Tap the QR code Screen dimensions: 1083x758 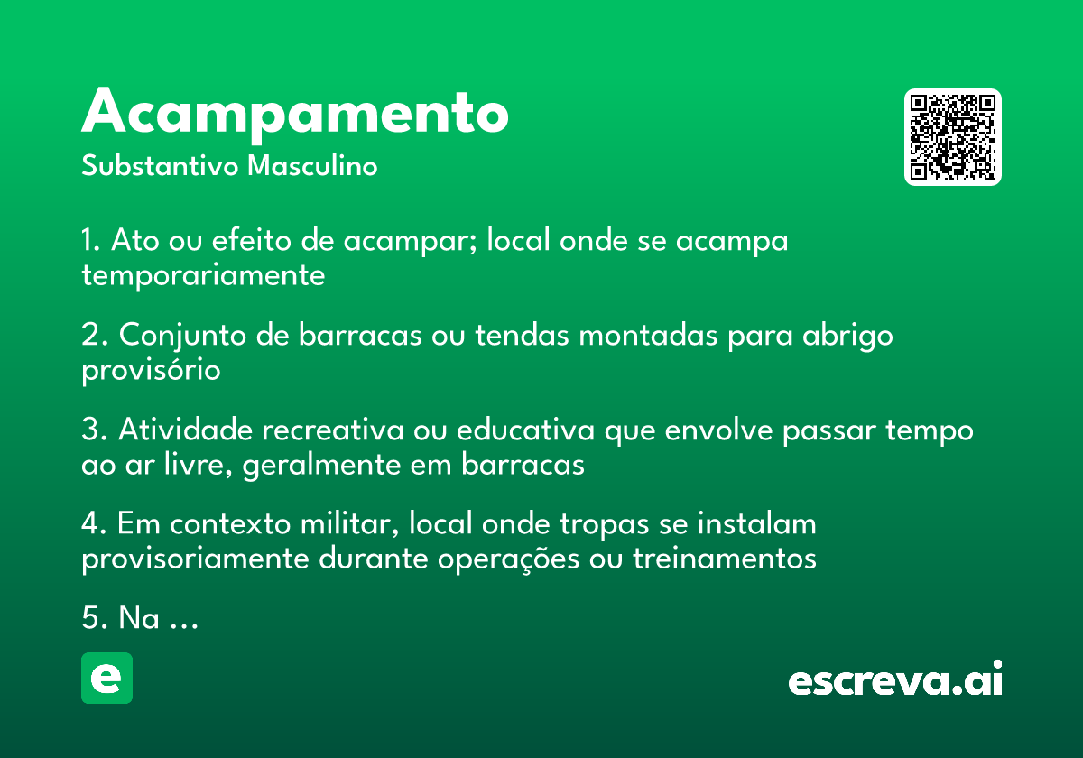pyautogui.click(x=952, y=137)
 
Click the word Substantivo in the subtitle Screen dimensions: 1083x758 pyautogui.click(x=160, y=166)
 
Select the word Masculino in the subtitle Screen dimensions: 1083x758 pyautogui.click(x=312, y=166)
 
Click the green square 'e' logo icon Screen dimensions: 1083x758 pyautogui.click(x=106, y=678)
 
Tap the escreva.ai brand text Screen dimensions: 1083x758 pyautogui.click(x=895, y=679)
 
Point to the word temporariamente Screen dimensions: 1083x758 pyautogui.click(x=203, y=275)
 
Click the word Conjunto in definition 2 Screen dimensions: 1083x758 pyautogui.click(x=182, y=336)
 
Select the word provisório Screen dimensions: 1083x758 pyautogui.click(x=151, y=370)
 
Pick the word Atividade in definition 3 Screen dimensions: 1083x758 pyautogui.click(x=185, y=430)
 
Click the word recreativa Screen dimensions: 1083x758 pyautogui.click(x=333, y=430)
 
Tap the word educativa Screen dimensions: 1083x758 pyautogui.click(x=525, y=430)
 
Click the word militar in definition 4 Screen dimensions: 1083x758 pyautogui.click(x=349, y=524)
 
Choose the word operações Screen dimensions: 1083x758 pyautogui.click(x=508, y=560)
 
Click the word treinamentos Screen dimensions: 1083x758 pyautogui.click(x=724, y=559)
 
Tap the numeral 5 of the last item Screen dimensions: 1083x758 pyautogui.click(x=90, y=618)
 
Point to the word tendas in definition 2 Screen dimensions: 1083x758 pyautogui.click(x=523, y=335)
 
